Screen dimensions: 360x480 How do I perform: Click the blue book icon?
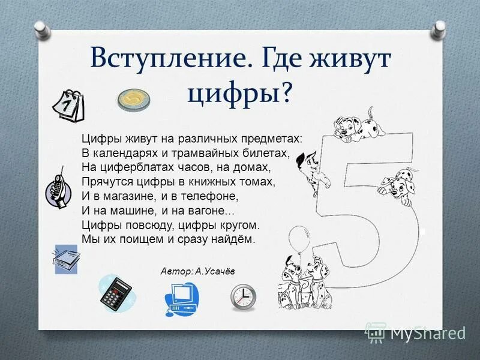(x=66, y=259)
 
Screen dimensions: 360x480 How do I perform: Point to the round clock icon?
(x=243, y=295)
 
